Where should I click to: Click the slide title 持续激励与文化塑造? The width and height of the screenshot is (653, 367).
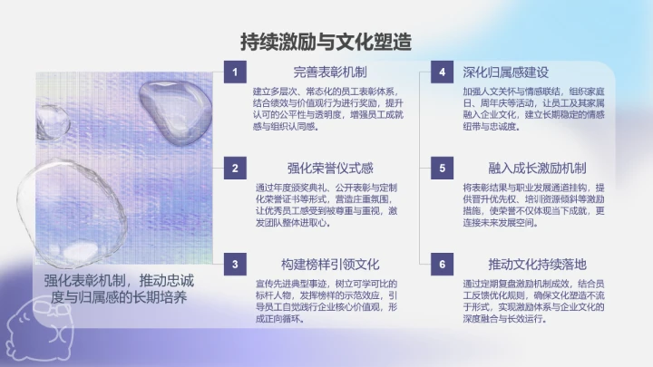[x=326, y=41]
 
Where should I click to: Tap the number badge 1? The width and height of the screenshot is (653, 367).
[x=235, y=72]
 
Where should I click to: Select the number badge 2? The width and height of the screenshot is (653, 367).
[x=235, y=168]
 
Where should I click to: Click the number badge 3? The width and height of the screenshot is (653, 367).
[x=235, y=265]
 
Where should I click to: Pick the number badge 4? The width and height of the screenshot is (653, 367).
[x=442, y=72]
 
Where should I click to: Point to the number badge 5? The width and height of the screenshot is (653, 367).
[x=442, y=168]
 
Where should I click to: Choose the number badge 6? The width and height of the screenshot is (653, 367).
[x=442, y=265]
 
